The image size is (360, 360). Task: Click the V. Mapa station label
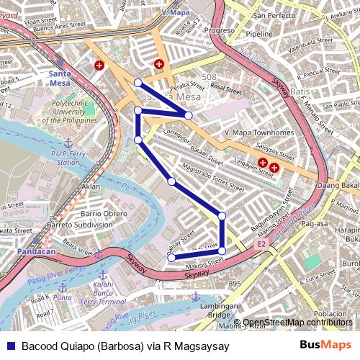(x=175, y=13)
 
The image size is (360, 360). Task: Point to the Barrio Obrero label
(x=104, y=214)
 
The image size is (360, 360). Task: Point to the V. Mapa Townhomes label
(x=258, y=133)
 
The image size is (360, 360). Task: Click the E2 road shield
(x=262, y=245)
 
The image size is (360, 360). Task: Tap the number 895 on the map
(x=235, y=284)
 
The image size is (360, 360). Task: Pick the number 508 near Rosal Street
(x=210, y=77)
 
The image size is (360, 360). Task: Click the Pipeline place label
(x=259, y=34)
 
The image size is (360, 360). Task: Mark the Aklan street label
(x=91, y=186)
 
